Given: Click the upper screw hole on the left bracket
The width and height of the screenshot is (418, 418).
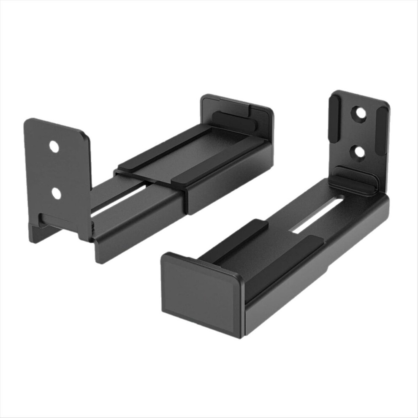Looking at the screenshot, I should (54, 147).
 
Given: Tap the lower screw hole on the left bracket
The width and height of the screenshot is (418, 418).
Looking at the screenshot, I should (56, 193).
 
